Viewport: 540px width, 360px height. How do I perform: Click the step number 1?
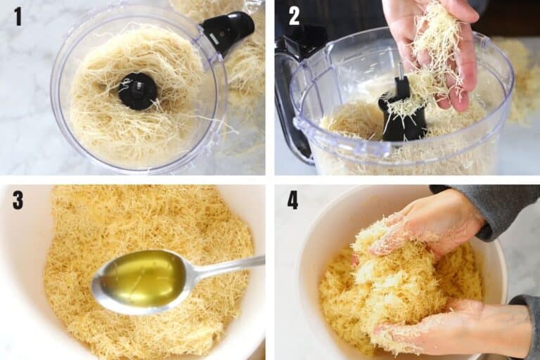click(18, 16)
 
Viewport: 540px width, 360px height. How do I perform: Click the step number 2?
click(294, 16)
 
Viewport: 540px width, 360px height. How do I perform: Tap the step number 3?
click(18, 200)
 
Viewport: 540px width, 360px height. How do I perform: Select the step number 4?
click(292, 200)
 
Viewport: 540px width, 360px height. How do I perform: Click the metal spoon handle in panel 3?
click(225, 266)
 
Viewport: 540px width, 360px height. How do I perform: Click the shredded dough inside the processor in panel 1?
click(105, 120)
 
